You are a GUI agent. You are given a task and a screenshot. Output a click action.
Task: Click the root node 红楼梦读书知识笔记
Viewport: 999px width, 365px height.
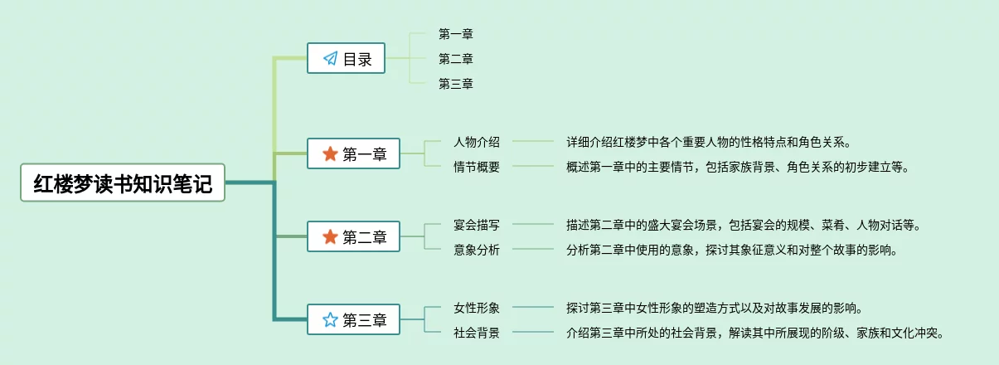[x=123, y=183]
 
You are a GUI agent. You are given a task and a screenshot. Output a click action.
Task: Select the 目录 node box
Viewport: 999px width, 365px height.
[x=347, y=59]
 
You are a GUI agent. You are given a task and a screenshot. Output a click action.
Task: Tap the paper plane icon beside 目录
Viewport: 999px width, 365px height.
[x=330, y=59]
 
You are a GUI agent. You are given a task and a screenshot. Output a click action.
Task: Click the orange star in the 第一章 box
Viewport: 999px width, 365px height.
[x=330, y=154]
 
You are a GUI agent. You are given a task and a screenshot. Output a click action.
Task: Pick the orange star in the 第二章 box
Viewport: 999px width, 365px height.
[x=330, y=237]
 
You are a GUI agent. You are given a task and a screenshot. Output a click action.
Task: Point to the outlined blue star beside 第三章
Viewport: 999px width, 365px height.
[x=330, y=320]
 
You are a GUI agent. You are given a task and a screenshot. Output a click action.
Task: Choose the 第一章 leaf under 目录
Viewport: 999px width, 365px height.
[x=456, y=34]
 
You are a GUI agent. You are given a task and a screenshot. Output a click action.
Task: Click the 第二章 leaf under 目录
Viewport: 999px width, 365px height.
[x=456, y=59]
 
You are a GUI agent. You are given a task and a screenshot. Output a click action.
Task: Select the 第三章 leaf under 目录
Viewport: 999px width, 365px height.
[x=456, y=84]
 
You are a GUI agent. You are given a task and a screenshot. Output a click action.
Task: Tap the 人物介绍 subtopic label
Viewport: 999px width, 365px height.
[x=477, y=142]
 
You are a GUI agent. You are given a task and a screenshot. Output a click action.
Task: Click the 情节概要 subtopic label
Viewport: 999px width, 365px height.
[x=477, y=167]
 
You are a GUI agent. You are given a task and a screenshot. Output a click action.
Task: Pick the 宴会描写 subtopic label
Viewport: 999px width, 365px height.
[x=477, y=225]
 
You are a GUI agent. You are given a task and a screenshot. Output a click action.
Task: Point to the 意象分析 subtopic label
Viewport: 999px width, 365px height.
[x=477, y=250]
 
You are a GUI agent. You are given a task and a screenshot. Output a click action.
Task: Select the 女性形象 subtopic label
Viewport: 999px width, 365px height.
[x=477, y=308]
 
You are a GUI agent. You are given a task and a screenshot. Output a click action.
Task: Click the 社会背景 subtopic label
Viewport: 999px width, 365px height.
[x=477, y=333]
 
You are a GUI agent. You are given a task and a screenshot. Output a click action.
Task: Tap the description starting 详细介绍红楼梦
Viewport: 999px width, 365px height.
[x=709, y=142]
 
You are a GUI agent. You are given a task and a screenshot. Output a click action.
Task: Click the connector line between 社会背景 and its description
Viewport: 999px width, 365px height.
[x=533, y=333]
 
